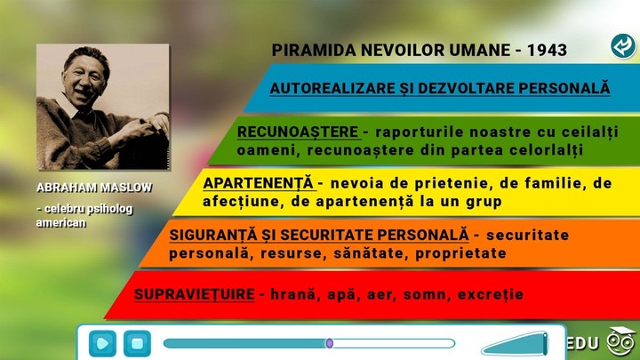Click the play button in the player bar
coord(103,342)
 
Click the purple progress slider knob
coord(329,343)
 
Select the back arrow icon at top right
coord(622,46)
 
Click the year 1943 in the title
coord(546,51)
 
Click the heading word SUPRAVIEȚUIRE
coord(195,293)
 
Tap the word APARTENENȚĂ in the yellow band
coord(259,183)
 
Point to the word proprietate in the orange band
coord(462,253)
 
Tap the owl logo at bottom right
coord(620,341)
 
